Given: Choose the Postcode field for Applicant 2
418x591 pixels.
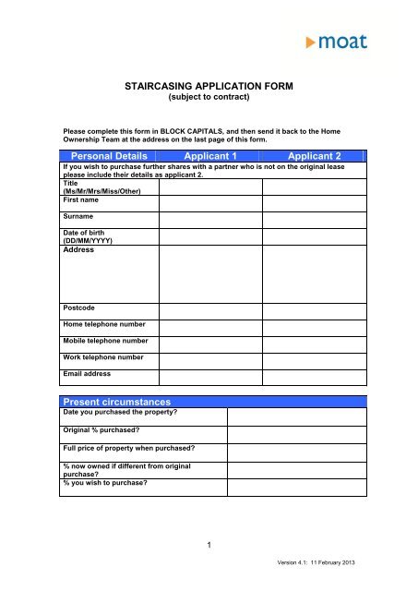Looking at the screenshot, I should [x=315, y=308].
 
